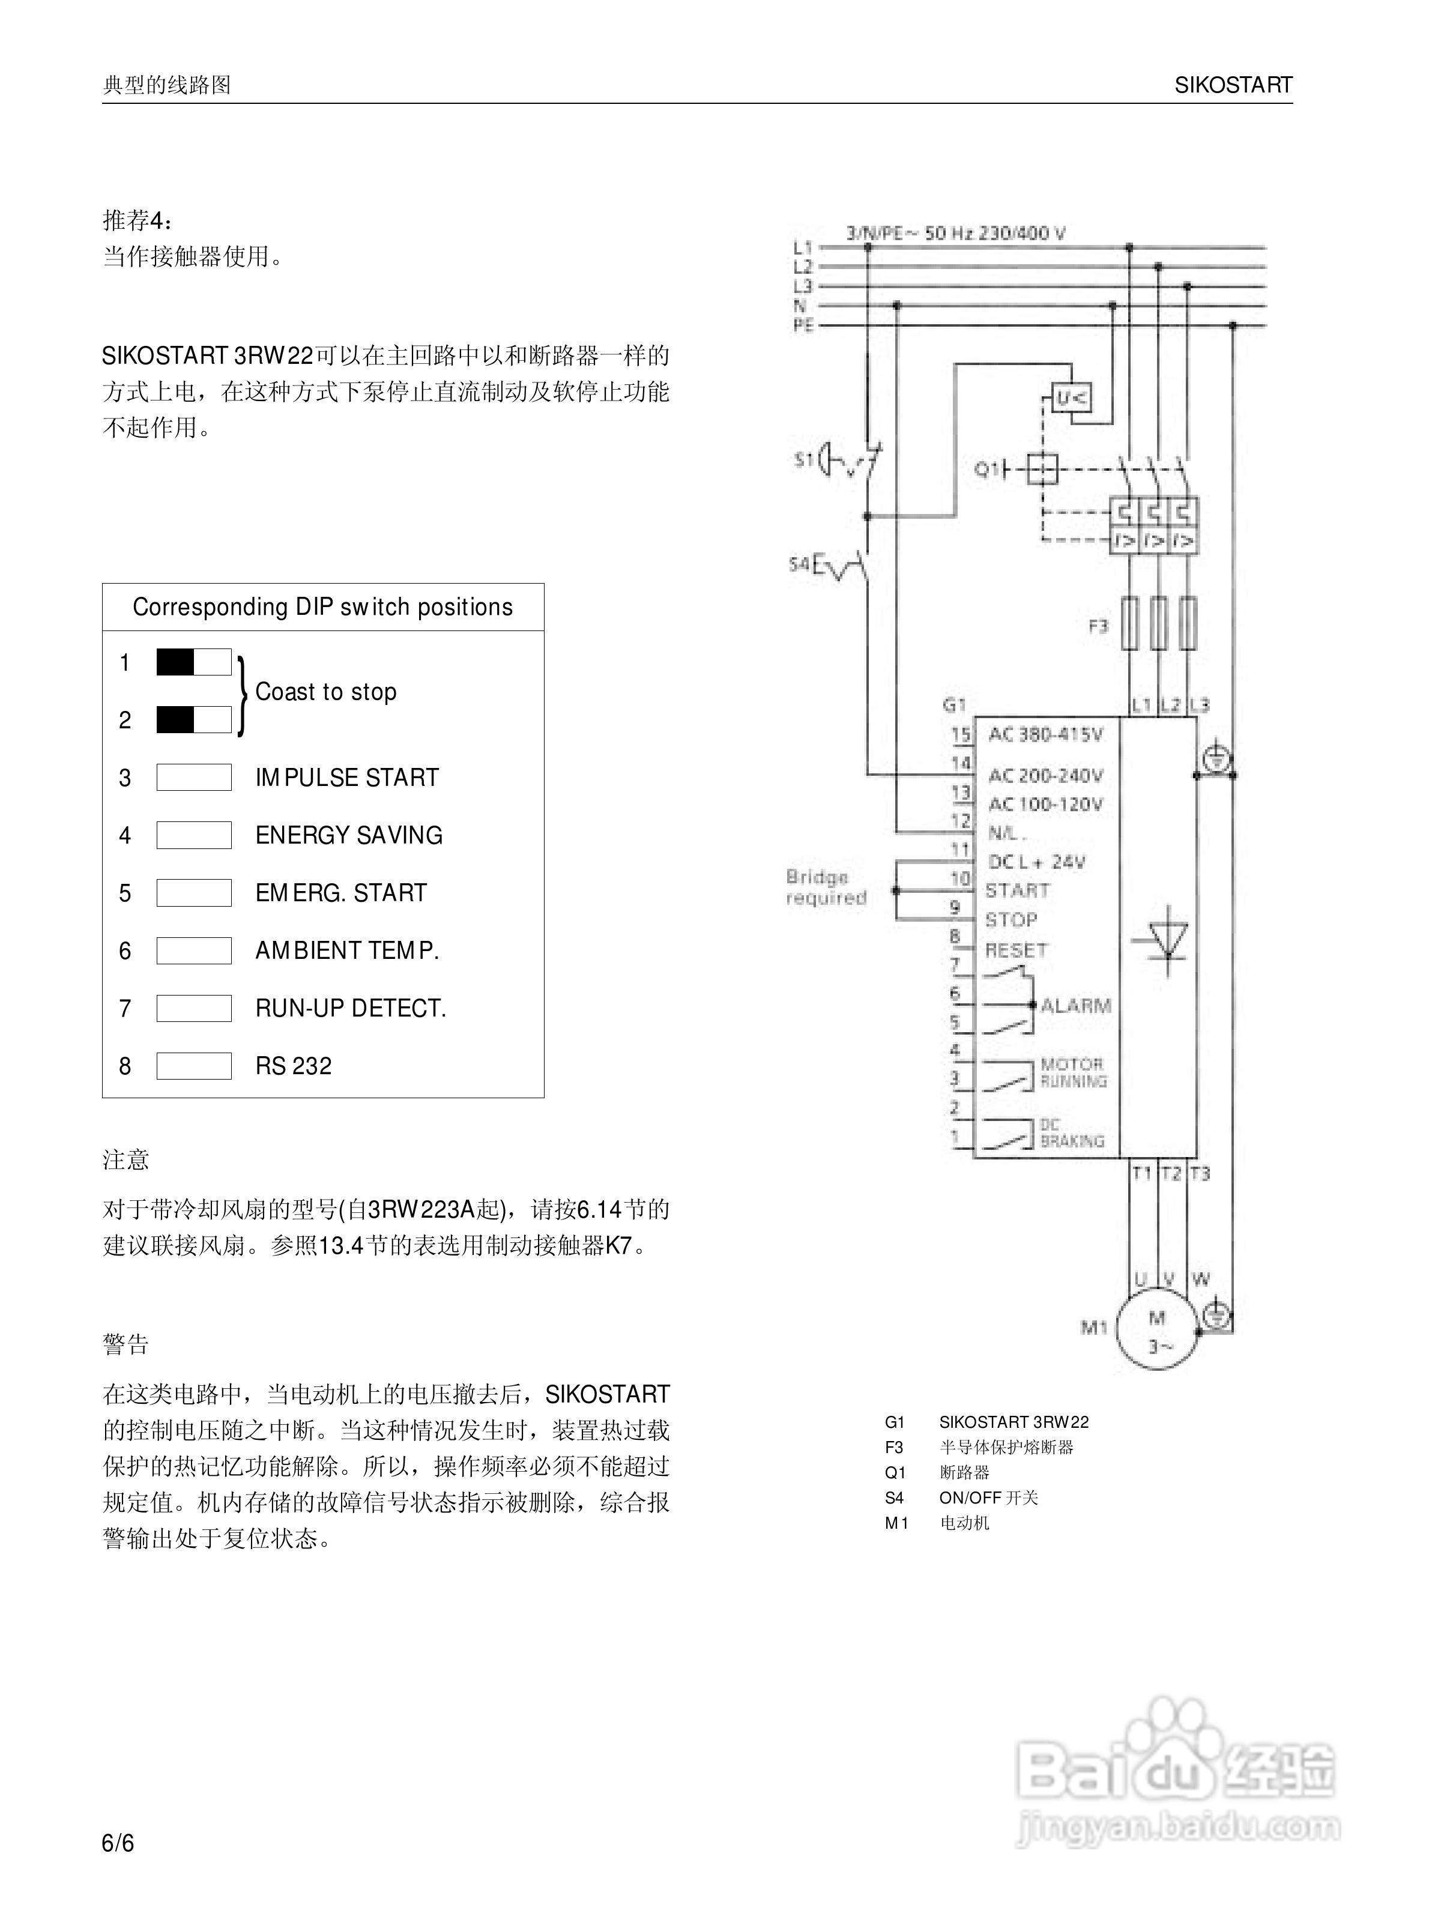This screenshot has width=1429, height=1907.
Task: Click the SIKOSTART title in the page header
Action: coord(1233,85)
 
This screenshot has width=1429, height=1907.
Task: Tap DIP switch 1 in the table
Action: coord(193,662)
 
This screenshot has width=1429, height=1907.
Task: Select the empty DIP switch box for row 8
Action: coord(193,1066)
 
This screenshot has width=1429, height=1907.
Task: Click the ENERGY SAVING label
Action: coord(348,835)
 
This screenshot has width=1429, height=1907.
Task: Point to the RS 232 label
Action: coord(293,1066)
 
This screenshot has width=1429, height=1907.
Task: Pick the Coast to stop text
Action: coord(326,692)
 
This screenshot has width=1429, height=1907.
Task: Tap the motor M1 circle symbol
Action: coord(1156,1329)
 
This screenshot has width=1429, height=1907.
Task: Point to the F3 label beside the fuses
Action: coord(1097,626)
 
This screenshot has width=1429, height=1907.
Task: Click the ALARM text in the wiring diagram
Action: coord(1075,1005)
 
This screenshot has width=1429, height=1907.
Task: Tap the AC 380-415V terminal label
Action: coord(1045,734)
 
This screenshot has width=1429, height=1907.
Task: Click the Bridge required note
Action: coord(825,887)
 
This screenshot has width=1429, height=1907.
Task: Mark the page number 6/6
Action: coord(118,1843)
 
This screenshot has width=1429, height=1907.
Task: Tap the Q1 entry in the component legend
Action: coord(895,1472)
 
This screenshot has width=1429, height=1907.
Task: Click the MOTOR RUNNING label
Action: coord(1072,1072)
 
